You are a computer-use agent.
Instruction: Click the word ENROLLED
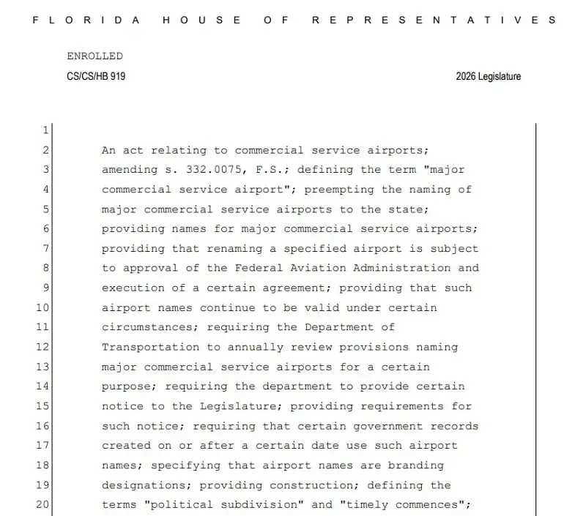(94, 56)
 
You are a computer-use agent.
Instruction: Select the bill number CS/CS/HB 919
(96, 76)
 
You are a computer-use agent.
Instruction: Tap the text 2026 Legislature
(488, 76)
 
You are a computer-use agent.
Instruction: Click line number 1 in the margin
(45, 130)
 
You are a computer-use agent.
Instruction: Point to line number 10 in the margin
(42, 308)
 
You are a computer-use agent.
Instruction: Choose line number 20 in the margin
(42, 504)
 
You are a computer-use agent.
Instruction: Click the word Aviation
(322, 269)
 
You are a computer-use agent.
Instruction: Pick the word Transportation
(151, 348)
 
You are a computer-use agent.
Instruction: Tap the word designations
(144, 485)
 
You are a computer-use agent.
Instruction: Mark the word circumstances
(147, 328)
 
